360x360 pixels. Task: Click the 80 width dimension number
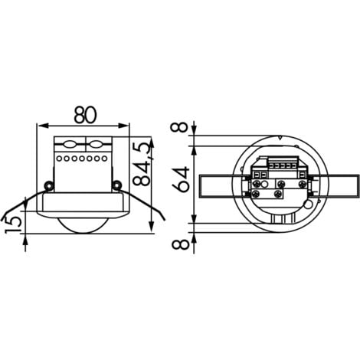coord(84,113)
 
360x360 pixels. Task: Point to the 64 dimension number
coord(180,182)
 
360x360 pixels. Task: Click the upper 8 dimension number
coord(181,126)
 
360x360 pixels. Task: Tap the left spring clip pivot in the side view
coord(47,185)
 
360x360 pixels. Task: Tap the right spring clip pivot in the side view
coord(116,185)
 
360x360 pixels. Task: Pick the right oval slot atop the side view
coord(97,142)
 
